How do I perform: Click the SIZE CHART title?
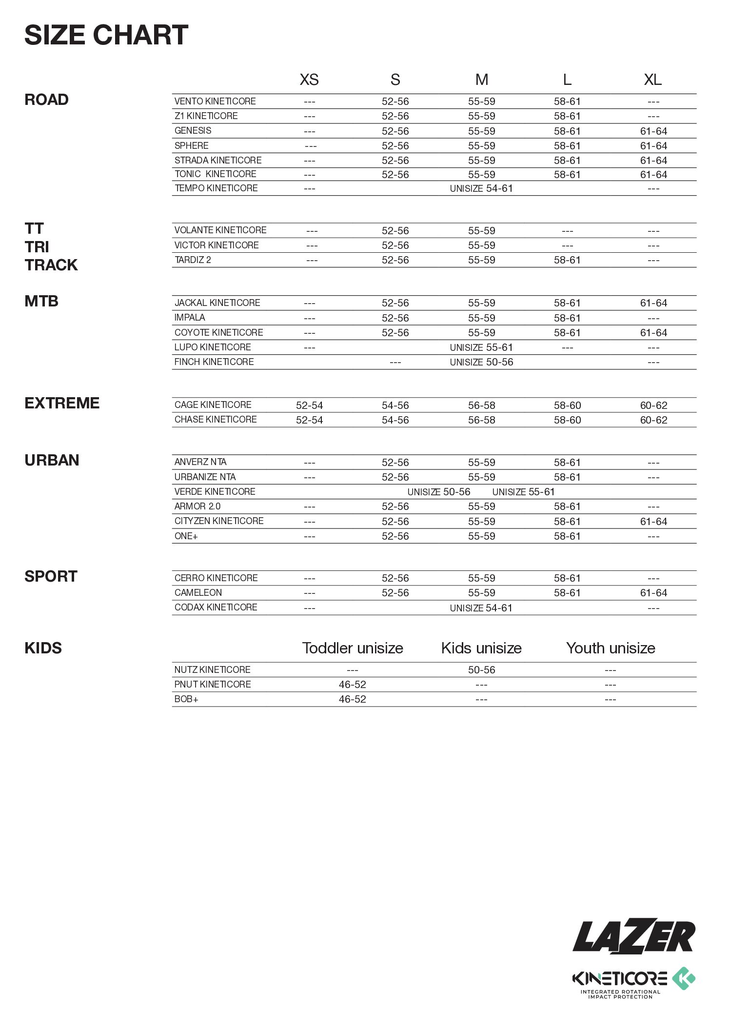coord(106,35)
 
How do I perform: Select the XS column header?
coord(309,80)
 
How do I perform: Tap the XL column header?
coord(652,80)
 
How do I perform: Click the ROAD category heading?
coord(46,100)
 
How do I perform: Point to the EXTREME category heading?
coord(62,403)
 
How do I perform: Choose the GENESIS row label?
coord(193,131)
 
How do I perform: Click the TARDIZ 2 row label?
coord(193,260)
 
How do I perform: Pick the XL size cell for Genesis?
coord(653,131)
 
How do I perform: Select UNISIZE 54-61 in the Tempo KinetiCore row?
coord(481,188)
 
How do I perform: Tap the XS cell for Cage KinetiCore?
coord(309,405)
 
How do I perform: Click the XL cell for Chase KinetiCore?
coord(653,420)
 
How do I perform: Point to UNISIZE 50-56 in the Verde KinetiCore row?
coord(439,492)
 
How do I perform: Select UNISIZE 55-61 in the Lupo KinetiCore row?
coord(481,347)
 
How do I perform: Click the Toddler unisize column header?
coord(353,648)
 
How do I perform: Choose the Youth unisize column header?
coord(611,648)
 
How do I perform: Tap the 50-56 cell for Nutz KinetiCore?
coord(481,670)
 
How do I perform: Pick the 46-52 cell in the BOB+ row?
coord(353,699)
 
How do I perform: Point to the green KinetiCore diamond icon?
coord(684,978)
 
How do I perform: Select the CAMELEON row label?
coord(198,593)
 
